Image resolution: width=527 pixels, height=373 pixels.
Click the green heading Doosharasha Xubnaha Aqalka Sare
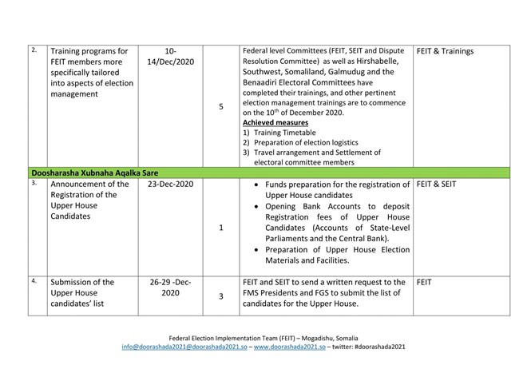[x=101, y=172]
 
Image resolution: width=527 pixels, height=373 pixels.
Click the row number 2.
[x=34, y=50]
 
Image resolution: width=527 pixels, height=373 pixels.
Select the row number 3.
[x=34, y=183]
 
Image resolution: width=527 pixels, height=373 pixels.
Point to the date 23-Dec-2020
[x=169, y=185]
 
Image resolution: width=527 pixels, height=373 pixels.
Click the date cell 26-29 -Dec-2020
[x=169, y=288]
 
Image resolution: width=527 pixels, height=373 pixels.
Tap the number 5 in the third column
[x=220, y=105]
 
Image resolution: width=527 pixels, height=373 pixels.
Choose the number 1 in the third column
[x=220, y=227]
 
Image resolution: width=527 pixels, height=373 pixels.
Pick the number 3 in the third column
[x=220, y=296]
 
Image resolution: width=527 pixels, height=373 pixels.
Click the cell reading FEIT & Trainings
[x=445, y=52]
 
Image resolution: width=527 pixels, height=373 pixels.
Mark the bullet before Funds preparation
[x=253, y=186]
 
